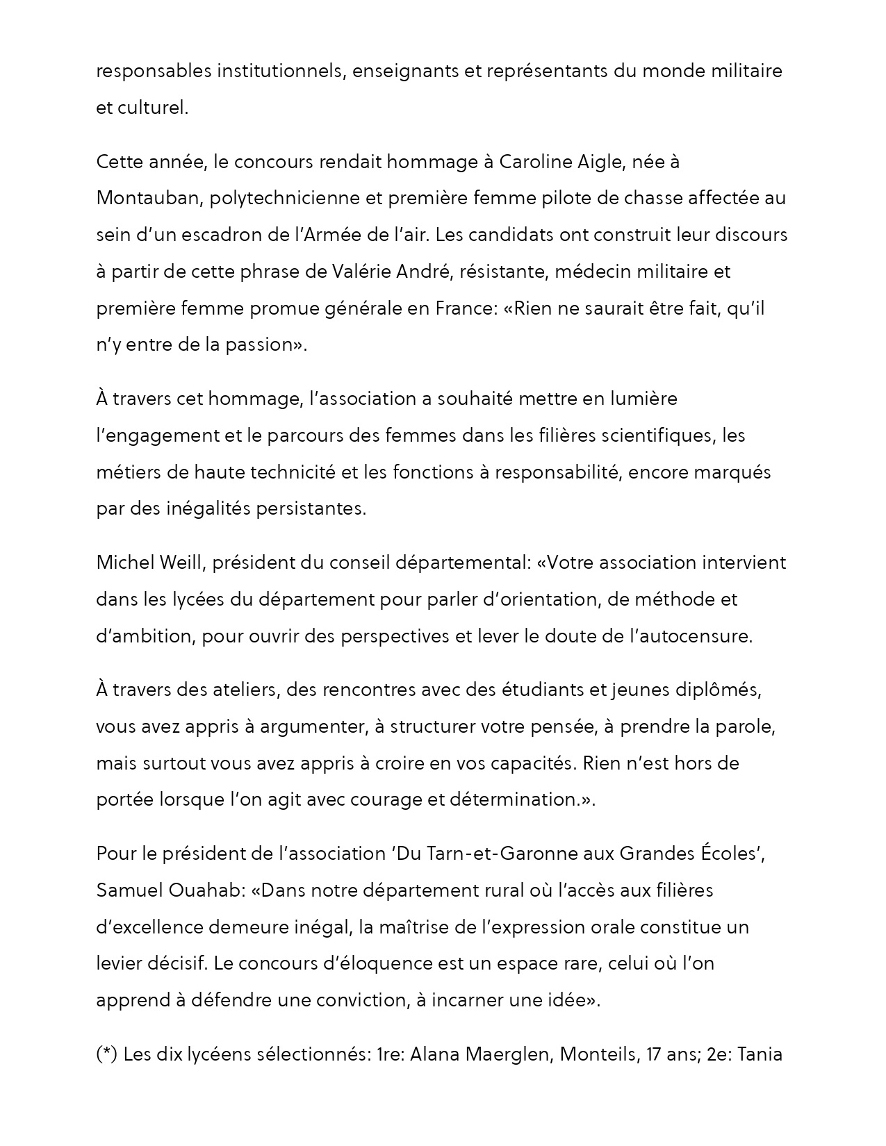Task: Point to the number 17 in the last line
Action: coord(654,1055)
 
